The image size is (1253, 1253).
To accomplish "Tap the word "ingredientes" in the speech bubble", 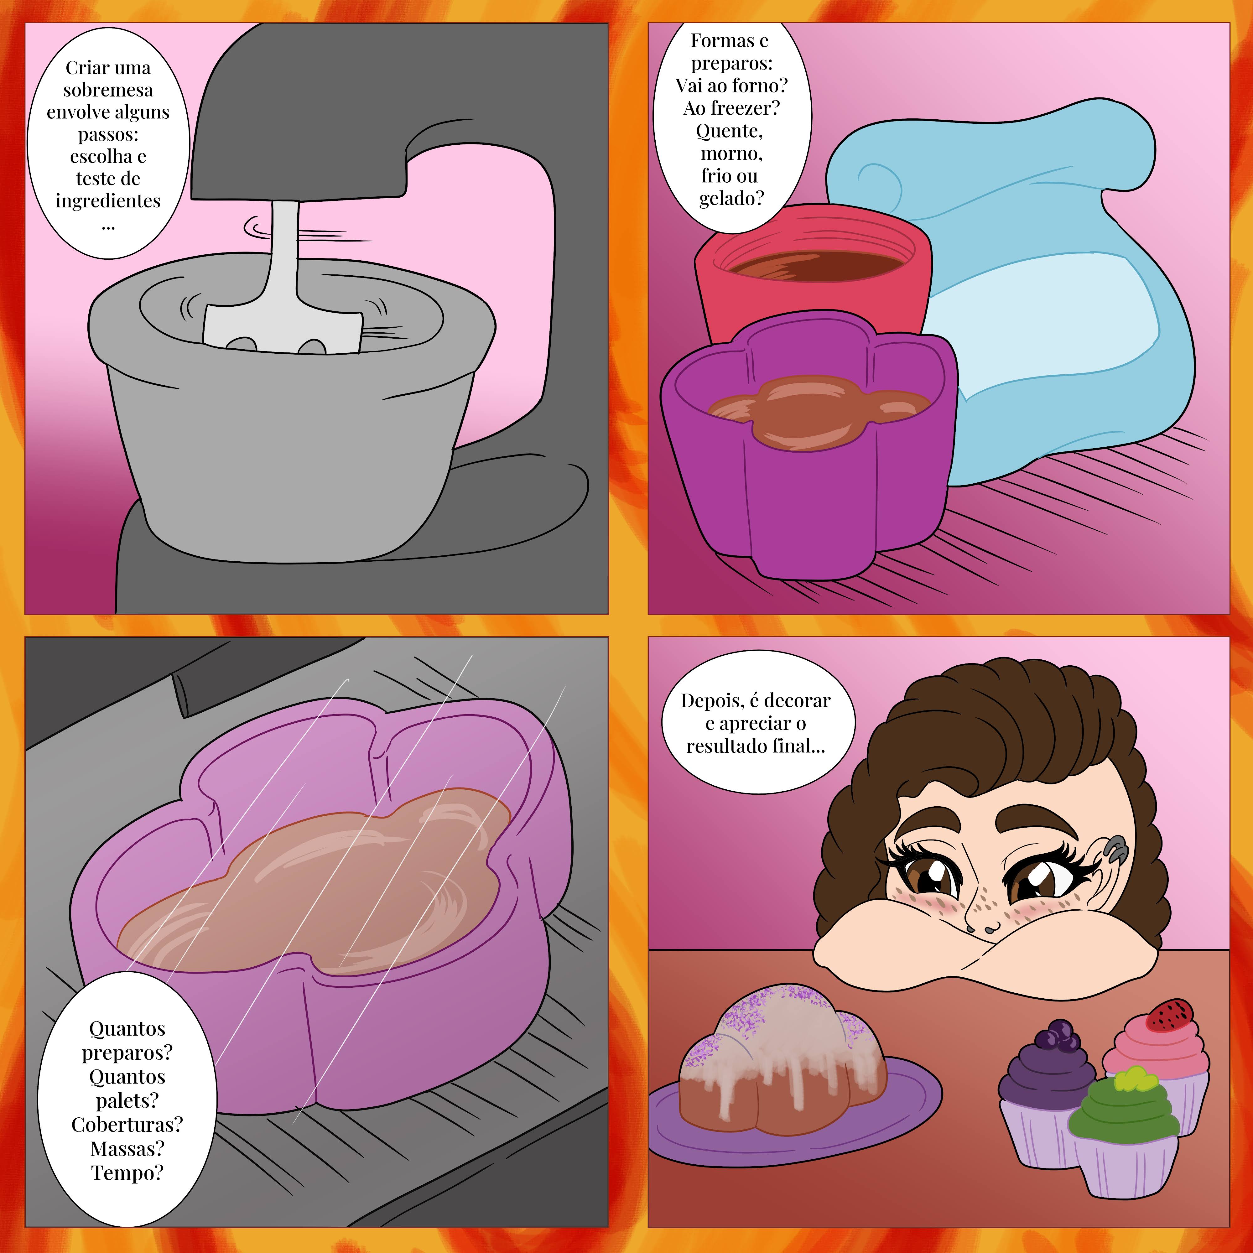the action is coord(108,201).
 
